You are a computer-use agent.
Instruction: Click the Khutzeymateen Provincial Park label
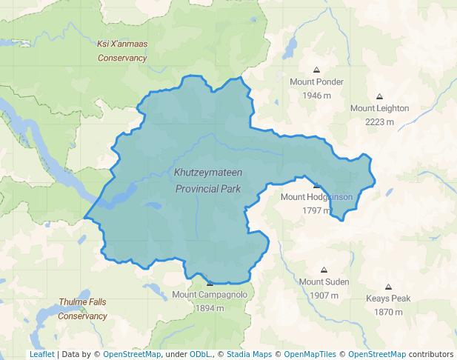(208, 180)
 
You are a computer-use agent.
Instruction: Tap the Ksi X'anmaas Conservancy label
(122, 50)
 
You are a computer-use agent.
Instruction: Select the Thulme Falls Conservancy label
(83, 309)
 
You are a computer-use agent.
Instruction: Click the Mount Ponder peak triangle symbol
(316, 70)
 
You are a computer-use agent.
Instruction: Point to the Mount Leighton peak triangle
(379, 96)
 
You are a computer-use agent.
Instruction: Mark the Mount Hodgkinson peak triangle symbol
(316, 185)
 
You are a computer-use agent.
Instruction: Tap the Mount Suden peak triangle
(324, 270)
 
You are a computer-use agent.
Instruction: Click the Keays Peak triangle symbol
(388, 287)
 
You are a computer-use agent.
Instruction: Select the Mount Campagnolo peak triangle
(210, 283)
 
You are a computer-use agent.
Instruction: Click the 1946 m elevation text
(316, 96)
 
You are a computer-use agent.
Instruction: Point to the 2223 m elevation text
(379, 121)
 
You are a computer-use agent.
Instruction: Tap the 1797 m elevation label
(316, 210)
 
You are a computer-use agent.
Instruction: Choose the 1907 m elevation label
(324, 296)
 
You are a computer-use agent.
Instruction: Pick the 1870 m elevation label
(388, 312)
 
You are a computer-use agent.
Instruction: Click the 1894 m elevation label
(210, 308)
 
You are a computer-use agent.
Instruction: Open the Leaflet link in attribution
(41, 354)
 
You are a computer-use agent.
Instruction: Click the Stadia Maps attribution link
(252, 354)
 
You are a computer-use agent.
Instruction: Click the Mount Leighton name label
(379, 108)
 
